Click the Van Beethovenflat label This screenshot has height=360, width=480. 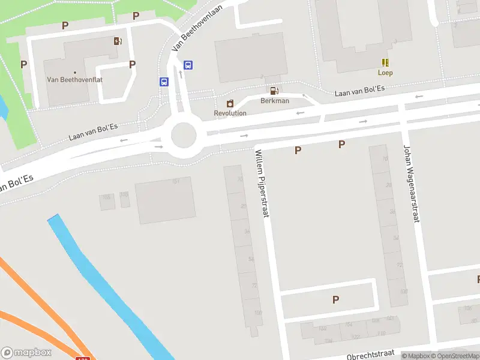[x=68, y=79]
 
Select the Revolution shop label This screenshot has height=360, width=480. [x=230, y=113]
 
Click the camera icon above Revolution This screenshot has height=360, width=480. [x=230, y=103]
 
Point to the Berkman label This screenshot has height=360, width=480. [x=275, y=101]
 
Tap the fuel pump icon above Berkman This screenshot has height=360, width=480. [x=274, y=91]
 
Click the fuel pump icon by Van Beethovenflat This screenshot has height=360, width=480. [x=118, y=41]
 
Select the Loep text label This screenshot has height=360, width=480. [x=385, y=73]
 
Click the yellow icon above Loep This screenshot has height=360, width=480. [x=385, y=62]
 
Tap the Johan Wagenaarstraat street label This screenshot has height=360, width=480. [x=410, y=184]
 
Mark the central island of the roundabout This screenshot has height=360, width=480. [x=184, y=135]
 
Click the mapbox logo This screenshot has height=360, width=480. [x=26, y=352]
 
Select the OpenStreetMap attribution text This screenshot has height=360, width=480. [x=455, y=356]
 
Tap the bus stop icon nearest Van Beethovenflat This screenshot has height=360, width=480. [x=164, y=82]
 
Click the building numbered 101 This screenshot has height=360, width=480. [x=165, y=200]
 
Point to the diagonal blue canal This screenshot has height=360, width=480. [x=108, y=282]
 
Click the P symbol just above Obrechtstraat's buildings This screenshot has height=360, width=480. [x=335, y=300]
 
